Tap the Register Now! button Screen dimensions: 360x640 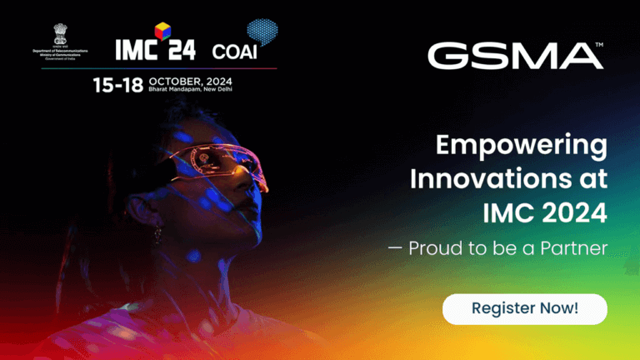[524, 308]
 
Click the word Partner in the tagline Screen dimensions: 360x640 [573, 248]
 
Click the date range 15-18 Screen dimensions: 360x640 [118, 84]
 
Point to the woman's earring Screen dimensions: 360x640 [155, 235]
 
